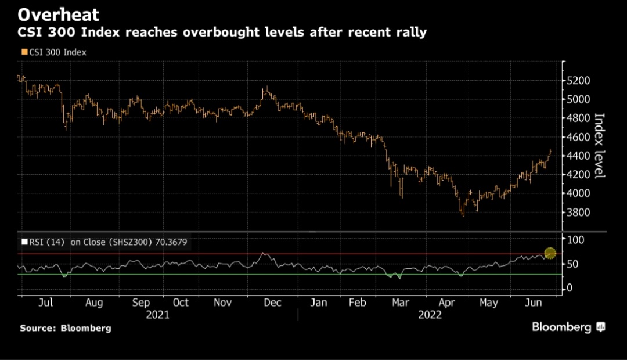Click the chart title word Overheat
pos(58,14)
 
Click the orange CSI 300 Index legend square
pos(24,52)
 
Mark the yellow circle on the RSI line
pos(550,253)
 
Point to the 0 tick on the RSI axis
pos(570,288)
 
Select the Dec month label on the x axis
pos(272,303)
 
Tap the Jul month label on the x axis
pos(45,303)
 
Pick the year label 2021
pos(157,315)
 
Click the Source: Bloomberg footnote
pos(65,329)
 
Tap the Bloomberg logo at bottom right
pos(568,327)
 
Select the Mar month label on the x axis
pos(400,303)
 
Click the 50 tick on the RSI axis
pos(572,264)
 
